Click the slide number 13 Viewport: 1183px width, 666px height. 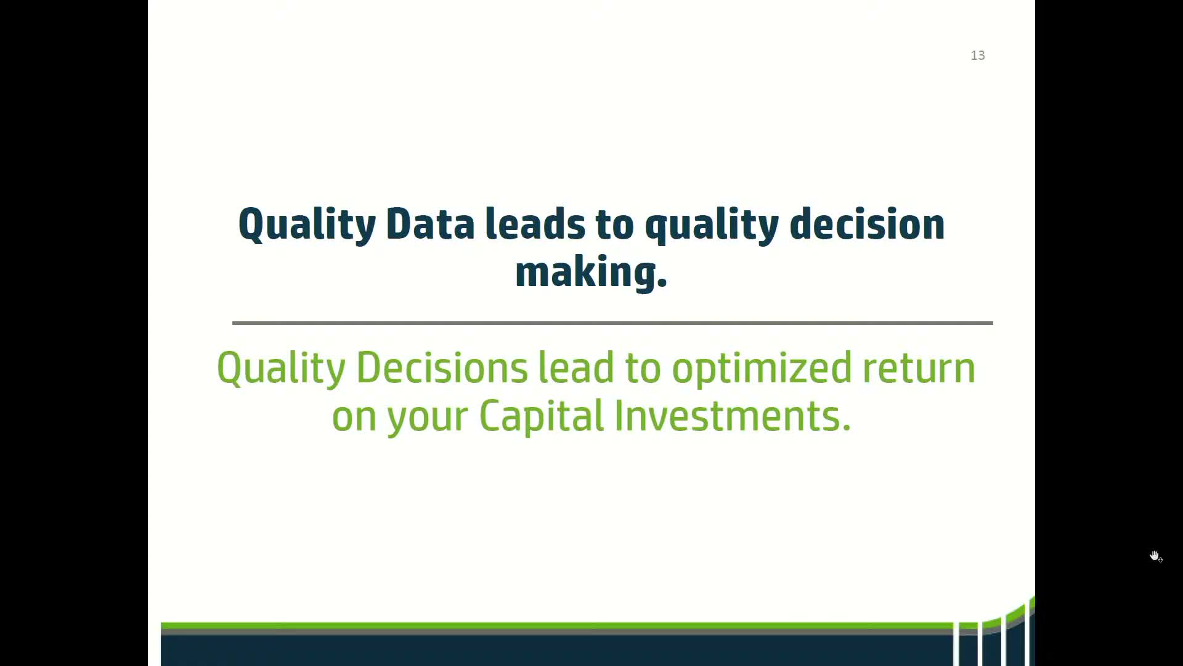(978, 55)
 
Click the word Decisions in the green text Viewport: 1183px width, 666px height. (442, 368)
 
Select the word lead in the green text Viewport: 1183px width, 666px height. (576, 368)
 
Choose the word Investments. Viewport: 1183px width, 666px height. (733, 416)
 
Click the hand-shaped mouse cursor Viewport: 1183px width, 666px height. (1155, 556)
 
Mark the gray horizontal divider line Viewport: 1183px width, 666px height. (612, 323)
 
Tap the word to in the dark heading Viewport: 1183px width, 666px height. (614, 224)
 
